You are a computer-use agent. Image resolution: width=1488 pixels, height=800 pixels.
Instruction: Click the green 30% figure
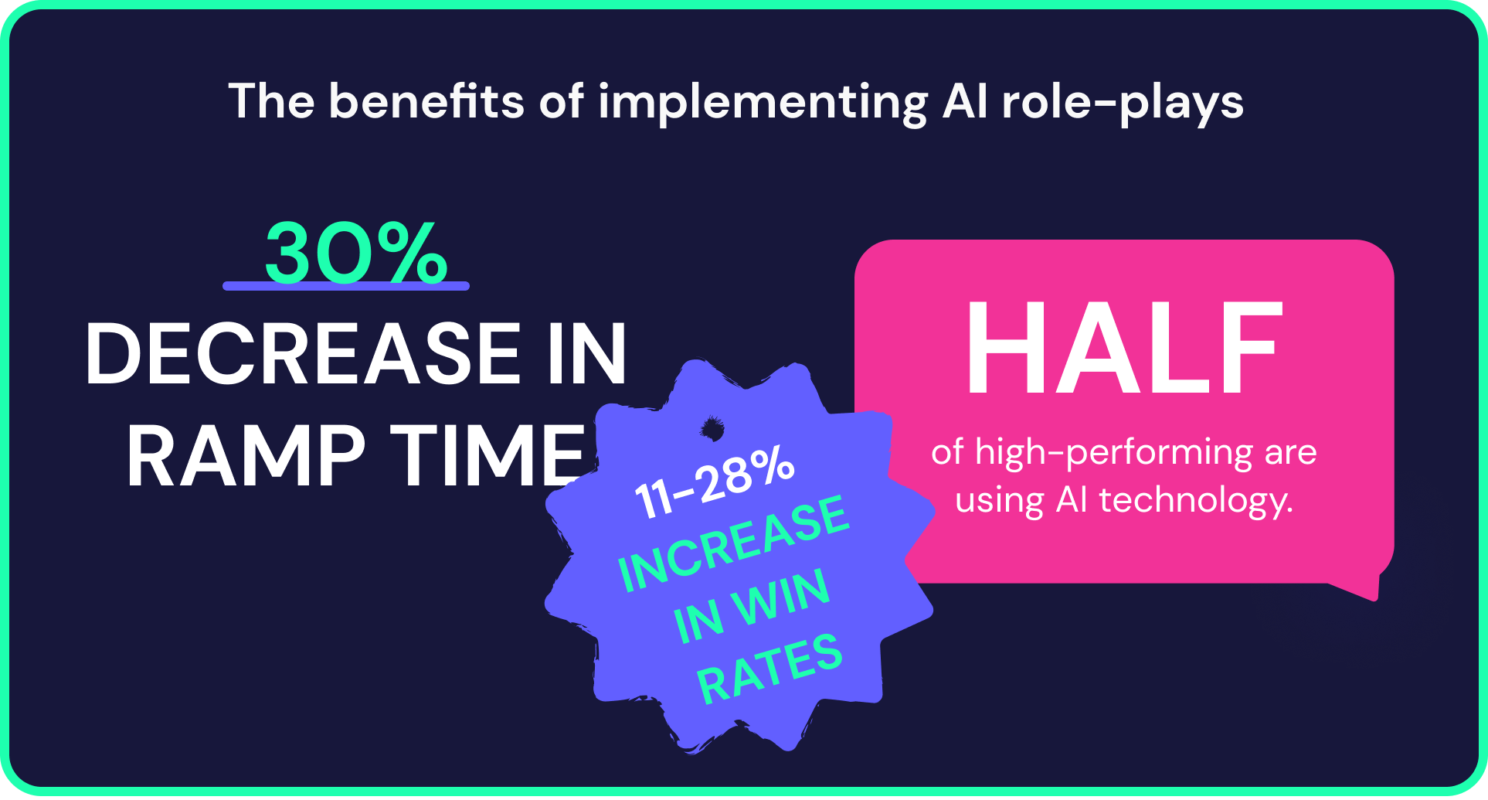tap(355, 254)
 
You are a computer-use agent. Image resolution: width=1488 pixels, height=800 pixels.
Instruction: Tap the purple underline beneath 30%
tap(345, 286)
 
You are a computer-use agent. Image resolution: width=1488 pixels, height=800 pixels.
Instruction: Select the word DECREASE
tap(303, 354)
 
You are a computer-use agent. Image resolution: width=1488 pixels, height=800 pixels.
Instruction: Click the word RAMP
tap(246, 456)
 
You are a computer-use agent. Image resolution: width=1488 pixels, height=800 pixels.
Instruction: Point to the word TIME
tap(488, 456)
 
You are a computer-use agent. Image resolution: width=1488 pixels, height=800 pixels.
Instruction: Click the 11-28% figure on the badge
tap(714, 483)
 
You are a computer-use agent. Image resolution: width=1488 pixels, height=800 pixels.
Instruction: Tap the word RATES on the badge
tap(769, 669)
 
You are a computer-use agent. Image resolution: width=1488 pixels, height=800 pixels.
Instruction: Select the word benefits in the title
tap(426, 101)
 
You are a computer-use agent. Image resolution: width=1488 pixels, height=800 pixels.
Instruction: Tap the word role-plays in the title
tap(1123, 103)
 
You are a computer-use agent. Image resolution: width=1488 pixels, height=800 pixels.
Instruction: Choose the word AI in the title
tap(965, 101)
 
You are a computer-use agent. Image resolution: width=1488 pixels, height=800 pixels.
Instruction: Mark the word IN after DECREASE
tap(587, 354)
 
